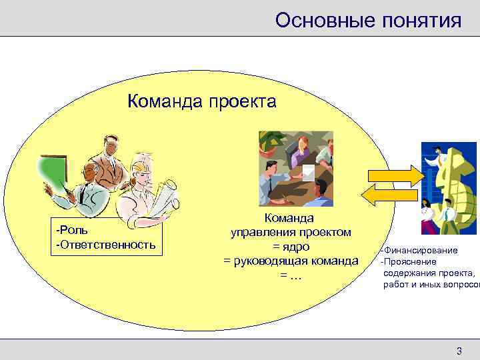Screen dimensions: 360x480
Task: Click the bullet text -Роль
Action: point(71,231)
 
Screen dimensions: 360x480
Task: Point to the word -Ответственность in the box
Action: point(106,244)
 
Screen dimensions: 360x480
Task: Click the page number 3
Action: point(458,351)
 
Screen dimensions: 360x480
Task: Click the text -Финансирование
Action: point(419,250)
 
